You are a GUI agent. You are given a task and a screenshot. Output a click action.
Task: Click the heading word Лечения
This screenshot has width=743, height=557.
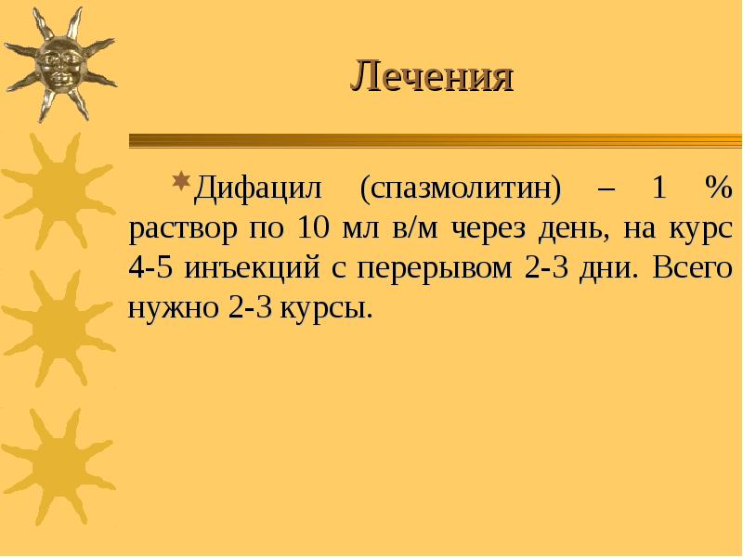coord(431,77)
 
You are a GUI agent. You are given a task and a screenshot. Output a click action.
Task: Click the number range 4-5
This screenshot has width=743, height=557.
coord(151,268)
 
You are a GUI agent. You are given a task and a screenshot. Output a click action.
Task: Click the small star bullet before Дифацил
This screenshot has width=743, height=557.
coord(182,178)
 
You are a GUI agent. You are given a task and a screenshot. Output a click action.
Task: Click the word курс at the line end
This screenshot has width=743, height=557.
coord(698,228)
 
